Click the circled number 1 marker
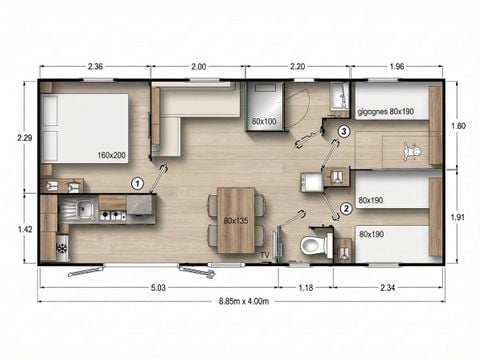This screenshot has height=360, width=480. point(139,182)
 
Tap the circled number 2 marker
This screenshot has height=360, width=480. point(346,208)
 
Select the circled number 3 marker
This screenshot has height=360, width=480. point(343,131)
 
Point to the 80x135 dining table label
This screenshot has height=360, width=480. point(235,219)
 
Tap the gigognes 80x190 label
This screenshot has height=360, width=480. point(385,112)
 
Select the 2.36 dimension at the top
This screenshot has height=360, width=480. point(97,67)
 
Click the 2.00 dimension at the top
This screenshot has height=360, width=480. point(198,67)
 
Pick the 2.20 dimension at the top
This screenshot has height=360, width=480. point(298,67)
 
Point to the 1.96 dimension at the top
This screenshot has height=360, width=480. point(397,67)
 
